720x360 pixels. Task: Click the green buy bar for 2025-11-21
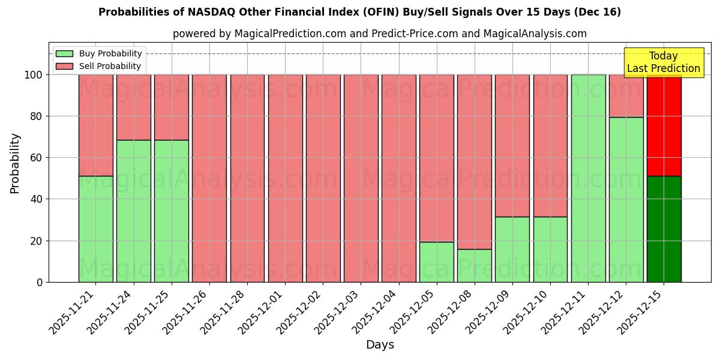click(95, 229)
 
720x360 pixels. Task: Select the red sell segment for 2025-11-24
click(133, 107)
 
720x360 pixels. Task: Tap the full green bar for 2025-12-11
click(588, 178)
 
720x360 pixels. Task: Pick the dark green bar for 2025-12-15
click(664, 229)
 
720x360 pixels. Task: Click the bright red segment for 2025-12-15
click(664, 125)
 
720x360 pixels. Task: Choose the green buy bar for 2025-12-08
click(474, 265)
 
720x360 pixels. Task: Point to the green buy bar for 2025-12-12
click(626, 199)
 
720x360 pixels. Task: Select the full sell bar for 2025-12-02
click(323, 178)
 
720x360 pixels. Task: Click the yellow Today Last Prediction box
click(663, 62)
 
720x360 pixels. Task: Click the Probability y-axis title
click(15, 163)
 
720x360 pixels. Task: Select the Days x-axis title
click(380, 345)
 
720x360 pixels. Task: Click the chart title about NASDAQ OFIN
click(359, 12)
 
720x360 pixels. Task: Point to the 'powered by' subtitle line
click(379, 34)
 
